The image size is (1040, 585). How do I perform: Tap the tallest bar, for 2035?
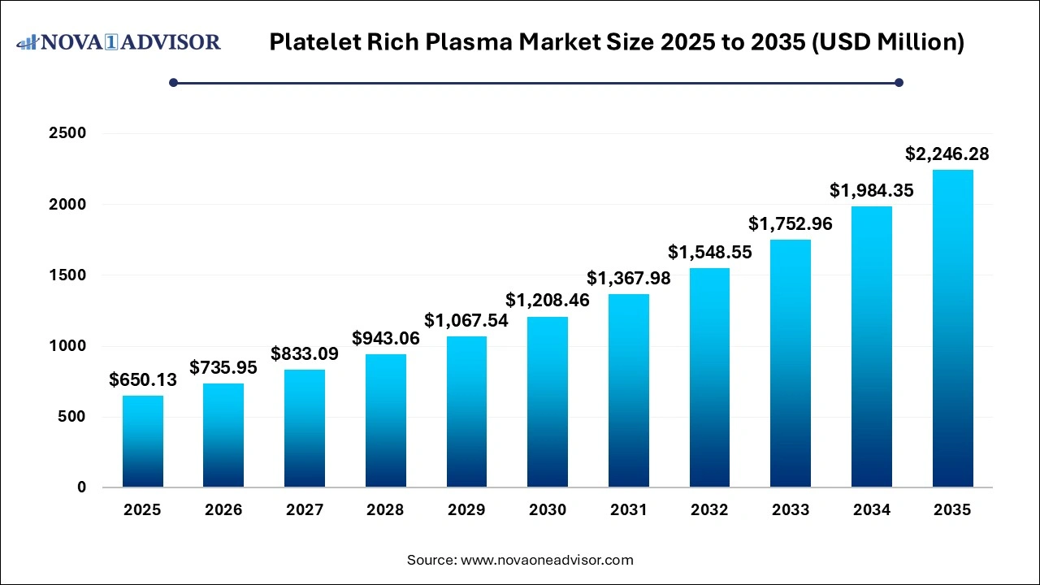pos(952,328)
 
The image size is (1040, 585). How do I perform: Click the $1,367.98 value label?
pos(628,278)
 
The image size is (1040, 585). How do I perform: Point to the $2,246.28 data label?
pos(947,154)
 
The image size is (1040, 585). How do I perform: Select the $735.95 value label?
pos(223,367)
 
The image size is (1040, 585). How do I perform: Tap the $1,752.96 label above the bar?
pos(791,223)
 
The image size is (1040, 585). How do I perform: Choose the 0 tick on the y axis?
pos(81,487)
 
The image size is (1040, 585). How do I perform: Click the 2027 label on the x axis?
pos(305,510)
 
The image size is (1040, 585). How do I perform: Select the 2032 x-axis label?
pos(709,510)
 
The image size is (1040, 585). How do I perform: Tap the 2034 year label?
pos(871,510)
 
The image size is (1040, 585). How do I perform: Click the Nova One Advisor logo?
pos(119,41)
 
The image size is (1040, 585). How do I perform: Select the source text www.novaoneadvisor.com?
pos(547,560)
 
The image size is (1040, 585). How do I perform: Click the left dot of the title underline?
pos(173,82)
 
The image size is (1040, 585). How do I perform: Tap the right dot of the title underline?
pos(899,82)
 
